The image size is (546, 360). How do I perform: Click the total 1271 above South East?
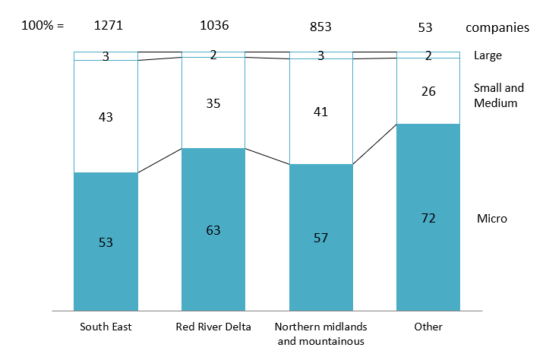point(108,26)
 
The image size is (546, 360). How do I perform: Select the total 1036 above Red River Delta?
point(214,26)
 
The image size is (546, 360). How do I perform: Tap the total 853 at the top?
point(320,26)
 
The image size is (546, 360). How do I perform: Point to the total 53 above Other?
point(426,27)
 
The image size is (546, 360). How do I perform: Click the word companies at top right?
point(497,27)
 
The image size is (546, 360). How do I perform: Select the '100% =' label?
point(43,26)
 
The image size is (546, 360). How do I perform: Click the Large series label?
point(488,55)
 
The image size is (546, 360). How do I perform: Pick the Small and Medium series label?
point(499,95)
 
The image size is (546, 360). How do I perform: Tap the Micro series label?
point(491,219)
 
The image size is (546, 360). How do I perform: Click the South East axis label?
point(106,327)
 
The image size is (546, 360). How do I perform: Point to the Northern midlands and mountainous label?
point(322,333)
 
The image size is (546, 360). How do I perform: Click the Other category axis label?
point(428,327)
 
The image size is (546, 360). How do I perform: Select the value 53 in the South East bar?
point(106,242)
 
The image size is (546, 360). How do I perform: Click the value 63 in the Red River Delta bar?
point(213,229)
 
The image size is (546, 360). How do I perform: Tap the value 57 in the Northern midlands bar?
point(320,238)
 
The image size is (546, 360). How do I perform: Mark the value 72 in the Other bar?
point(428,218)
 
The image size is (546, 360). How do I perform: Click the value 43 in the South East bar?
point(106,117)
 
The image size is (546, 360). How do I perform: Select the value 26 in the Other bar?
point(428,91)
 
